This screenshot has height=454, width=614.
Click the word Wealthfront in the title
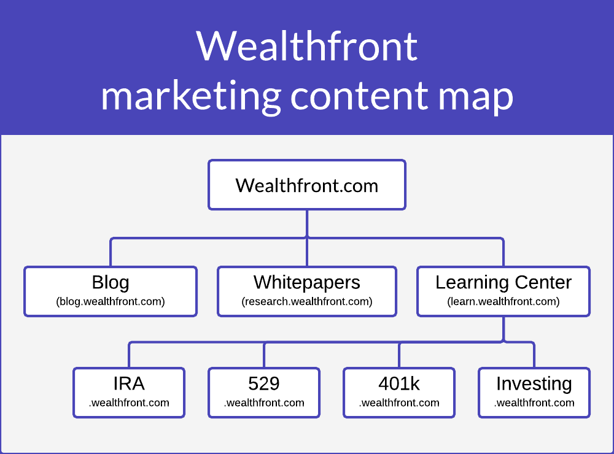click(307, 46)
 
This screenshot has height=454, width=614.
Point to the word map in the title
click(475, 98)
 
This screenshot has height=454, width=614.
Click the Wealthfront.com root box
click(307, 185)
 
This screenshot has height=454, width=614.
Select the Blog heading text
click(111, 283)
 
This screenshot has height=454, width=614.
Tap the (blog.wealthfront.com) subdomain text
click(111, 301)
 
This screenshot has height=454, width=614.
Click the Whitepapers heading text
click(307, 283)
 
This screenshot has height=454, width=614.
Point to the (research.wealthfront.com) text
click(307, 301)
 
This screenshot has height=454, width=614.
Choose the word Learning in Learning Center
click(472, 283)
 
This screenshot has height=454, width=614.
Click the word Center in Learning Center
click(543, 283)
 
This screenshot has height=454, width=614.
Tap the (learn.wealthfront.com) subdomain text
click(503, 301)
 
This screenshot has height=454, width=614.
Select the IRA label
click(129, 383)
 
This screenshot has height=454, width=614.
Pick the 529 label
click(264, 383)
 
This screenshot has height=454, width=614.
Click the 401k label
click(399, 383)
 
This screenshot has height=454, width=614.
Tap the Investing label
click(534, 384)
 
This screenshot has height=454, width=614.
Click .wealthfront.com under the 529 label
click(264, 402)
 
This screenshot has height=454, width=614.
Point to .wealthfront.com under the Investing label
click(534, 402)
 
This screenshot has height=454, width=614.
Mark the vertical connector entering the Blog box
click(111, 252)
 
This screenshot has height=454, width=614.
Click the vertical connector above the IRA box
click(129, 355)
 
